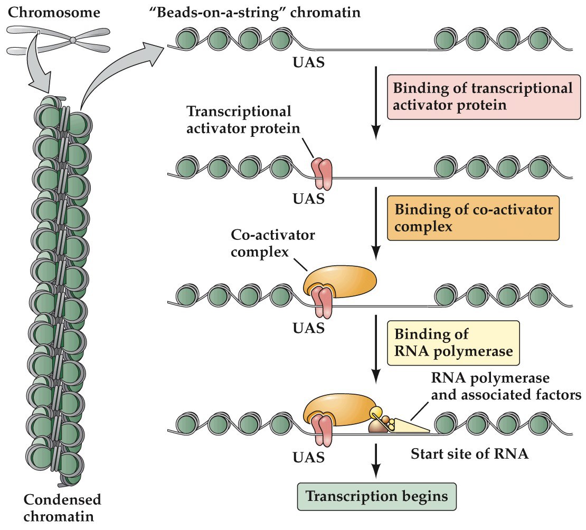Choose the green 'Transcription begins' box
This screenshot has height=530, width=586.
click(x=377, y=497)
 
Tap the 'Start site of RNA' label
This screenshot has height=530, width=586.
click(x=469, y=453)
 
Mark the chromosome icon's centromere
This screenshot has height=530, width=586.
click(x=74, y=40)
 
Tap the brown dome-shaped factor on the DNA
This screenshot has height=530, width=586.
click(x=378, y=426)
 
